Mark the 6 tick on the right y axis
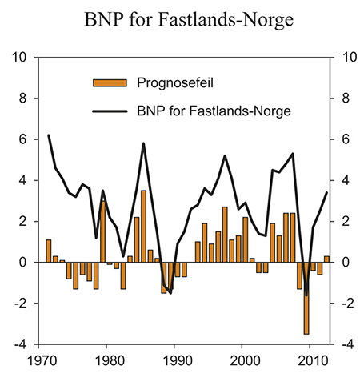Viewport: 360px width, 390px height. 342,139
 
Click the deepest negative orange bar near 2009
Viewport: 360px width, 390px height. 306,298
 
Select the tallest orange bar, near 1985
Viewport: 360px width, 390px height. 143,227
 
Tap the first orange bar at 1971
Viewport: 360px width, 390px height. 49,251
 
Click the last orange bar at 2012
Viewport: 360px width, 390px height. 326,259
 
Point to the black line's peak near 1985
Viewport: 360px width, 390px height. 143,143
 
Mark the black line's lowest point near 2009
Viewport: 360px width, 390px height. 306,295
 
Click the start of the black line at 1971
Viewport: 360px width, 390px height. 49,135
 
